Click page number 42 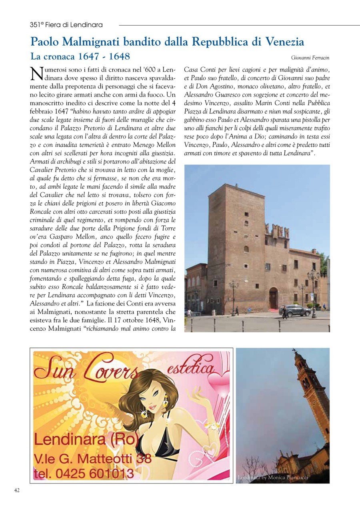pos(17,491)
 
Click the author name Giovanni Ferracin pos(310,58)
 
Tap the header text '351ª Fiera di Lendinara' pos(66,25)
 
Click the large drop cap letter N pos(36,74)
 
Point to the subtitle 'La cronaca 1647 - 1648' pos(80,56)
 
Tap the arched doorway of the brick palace pos(274,298)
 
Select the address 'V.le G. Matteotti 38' pos(92,457)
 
